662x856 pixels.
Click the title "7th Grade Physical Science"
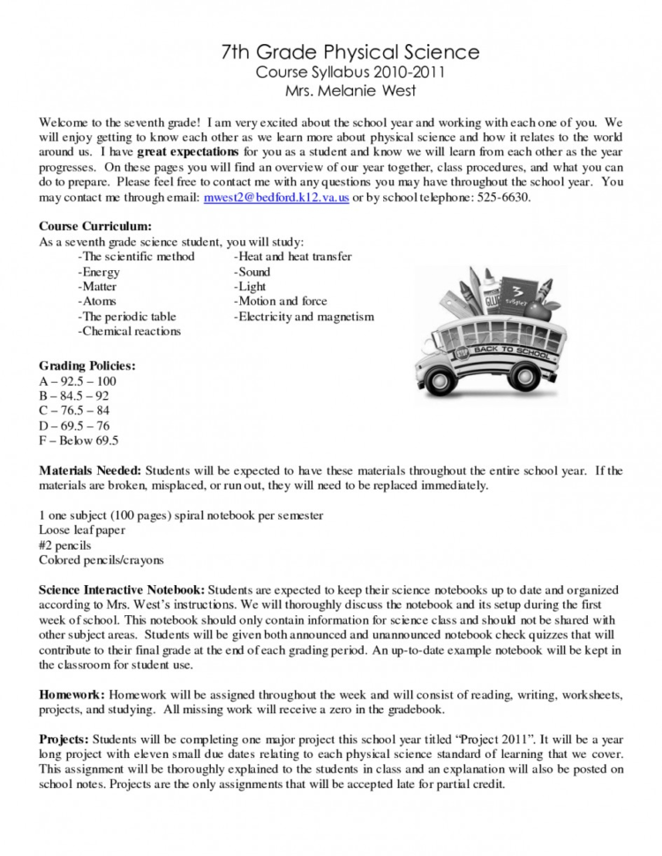(x=350, y=52)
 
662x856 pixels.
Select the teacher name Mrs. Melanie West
(x=350, y=91)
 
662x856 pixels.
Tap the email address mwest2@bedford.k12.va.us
(x=276, y=198)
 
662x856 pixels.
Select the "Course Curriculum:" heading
(x=95, y=227)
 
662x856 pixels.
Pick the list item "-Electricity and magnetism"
(x=304, y=316)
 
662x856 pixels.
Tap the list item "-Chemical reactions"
(x=129, y=331)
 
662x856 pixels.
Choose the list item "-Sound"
(x=252, y=272)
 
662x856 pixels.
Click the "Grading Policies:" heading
(x=87, y=365)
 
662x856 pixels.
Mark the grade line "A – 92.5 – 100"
(x=78, y=381)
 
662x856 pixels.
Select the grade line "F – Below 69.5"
(x=79, y=440)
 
